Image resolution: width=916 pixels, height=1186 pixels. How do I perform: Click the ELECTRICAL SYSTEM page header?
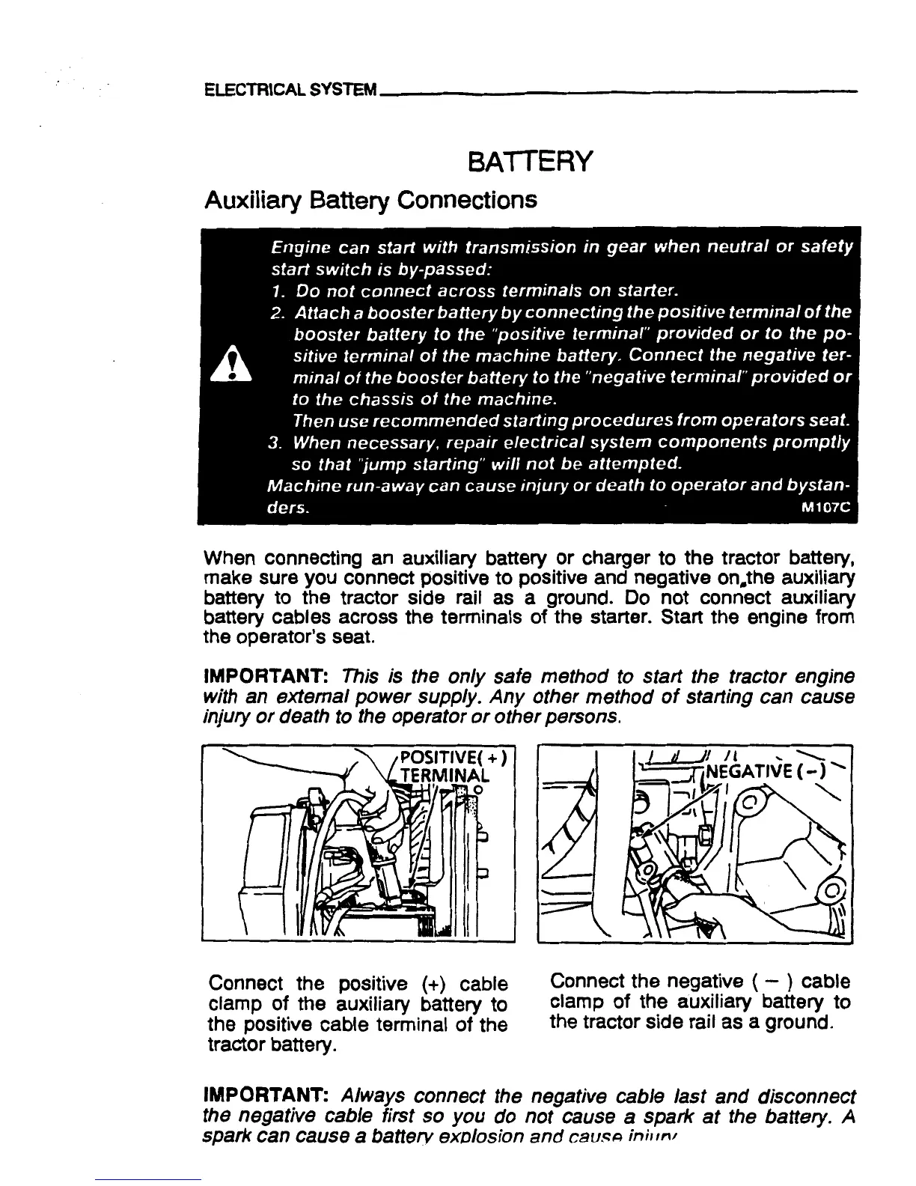(x=291, y=91)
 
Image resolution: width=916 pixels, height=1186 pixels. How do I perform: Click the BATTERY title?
(x=529, y=160)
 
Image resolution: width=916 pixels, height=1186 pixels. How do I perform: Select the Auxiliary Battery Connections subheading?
(x=370, y=200)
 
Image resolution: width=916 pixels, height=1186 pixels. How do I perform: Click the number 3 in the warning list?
(x=274, y=441)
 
